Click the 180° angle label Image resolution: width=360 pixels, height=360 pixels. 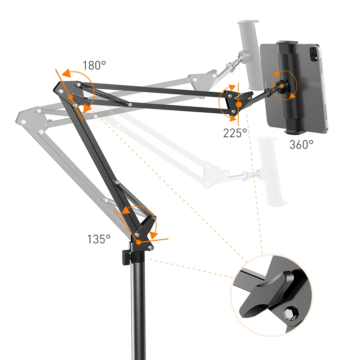pyautogui.click(x=94, y=65)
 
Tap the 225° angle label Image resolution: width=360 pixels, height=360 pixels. pyautogui.click(x=235, y=133)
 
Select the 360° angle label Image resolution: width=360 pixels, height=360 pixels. pyautogui.click(x=301, y=144)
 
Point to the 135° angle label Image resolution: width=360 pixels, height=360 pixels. pyautogui.click(x=99, y=239)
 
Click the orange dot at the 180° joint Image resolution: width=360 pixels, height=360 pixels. pyautogui.click(x=71, y=97)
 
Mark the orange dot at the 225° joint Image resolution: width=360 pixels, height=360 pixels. pyautogui.click(x=238, y=104)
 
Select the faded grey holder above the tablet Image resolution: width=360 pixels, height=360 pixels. pyautogui.click(x=248, y=54)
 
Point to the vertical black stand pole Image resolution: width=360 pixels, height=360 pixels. pyautogui.click(x=138, y=306)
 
